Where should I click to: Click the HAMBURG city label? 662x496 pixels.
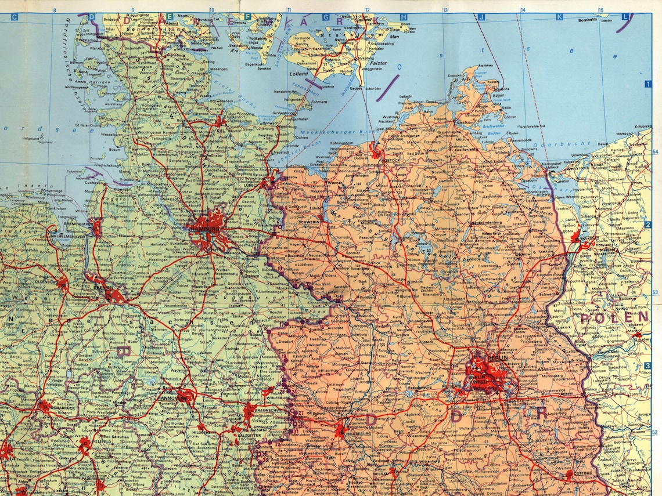click(204, 229)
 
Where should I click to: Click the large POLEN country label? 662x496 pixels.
click(614, 317)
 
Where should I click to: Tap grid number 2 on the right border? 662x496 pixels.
click(647, 225)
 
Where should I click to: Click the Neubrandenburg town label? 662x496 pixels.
click(486, 223)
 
